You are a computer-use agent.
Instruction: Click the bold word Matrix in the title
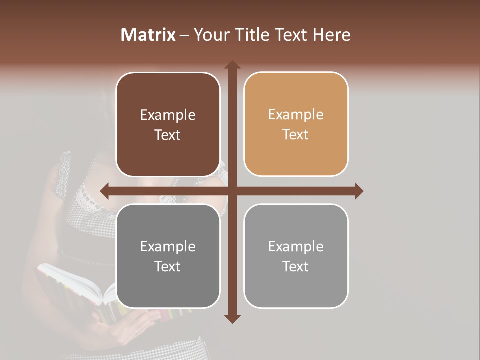coord(148,35)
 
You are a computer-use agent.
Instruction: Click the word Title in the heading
coord(252,35)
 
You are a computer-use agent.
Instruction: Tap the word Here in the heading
coord(332,35)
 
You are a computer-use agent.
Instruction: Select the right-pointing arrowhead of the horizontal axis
coord(358,191)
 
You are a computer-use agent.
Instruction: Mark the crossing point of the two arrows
coord(232,191)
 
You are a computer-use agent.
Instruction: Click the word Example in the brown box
coord(168,115)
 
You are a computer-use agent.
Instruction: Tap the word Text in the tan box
coord(296,135)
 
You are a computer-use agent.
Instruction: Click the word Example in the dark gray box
coord(168,246)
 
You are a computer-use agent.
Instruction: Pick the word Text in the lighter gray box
coord(296,266)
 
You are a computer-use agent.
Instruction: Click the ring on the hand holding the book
coord(136,331)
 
